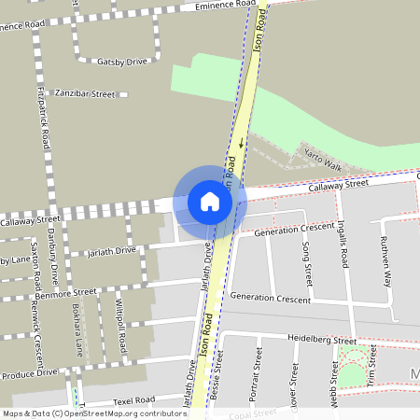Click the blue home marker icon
[210, 201]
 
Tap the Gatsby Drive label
[122, 62]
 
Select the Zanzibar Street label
[84, 94]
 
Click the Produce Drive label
[29, 374]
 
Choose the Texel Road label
[133, 400]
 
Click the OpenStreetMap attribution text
[93, 413]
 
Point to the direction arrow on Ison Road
[241, 144]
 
